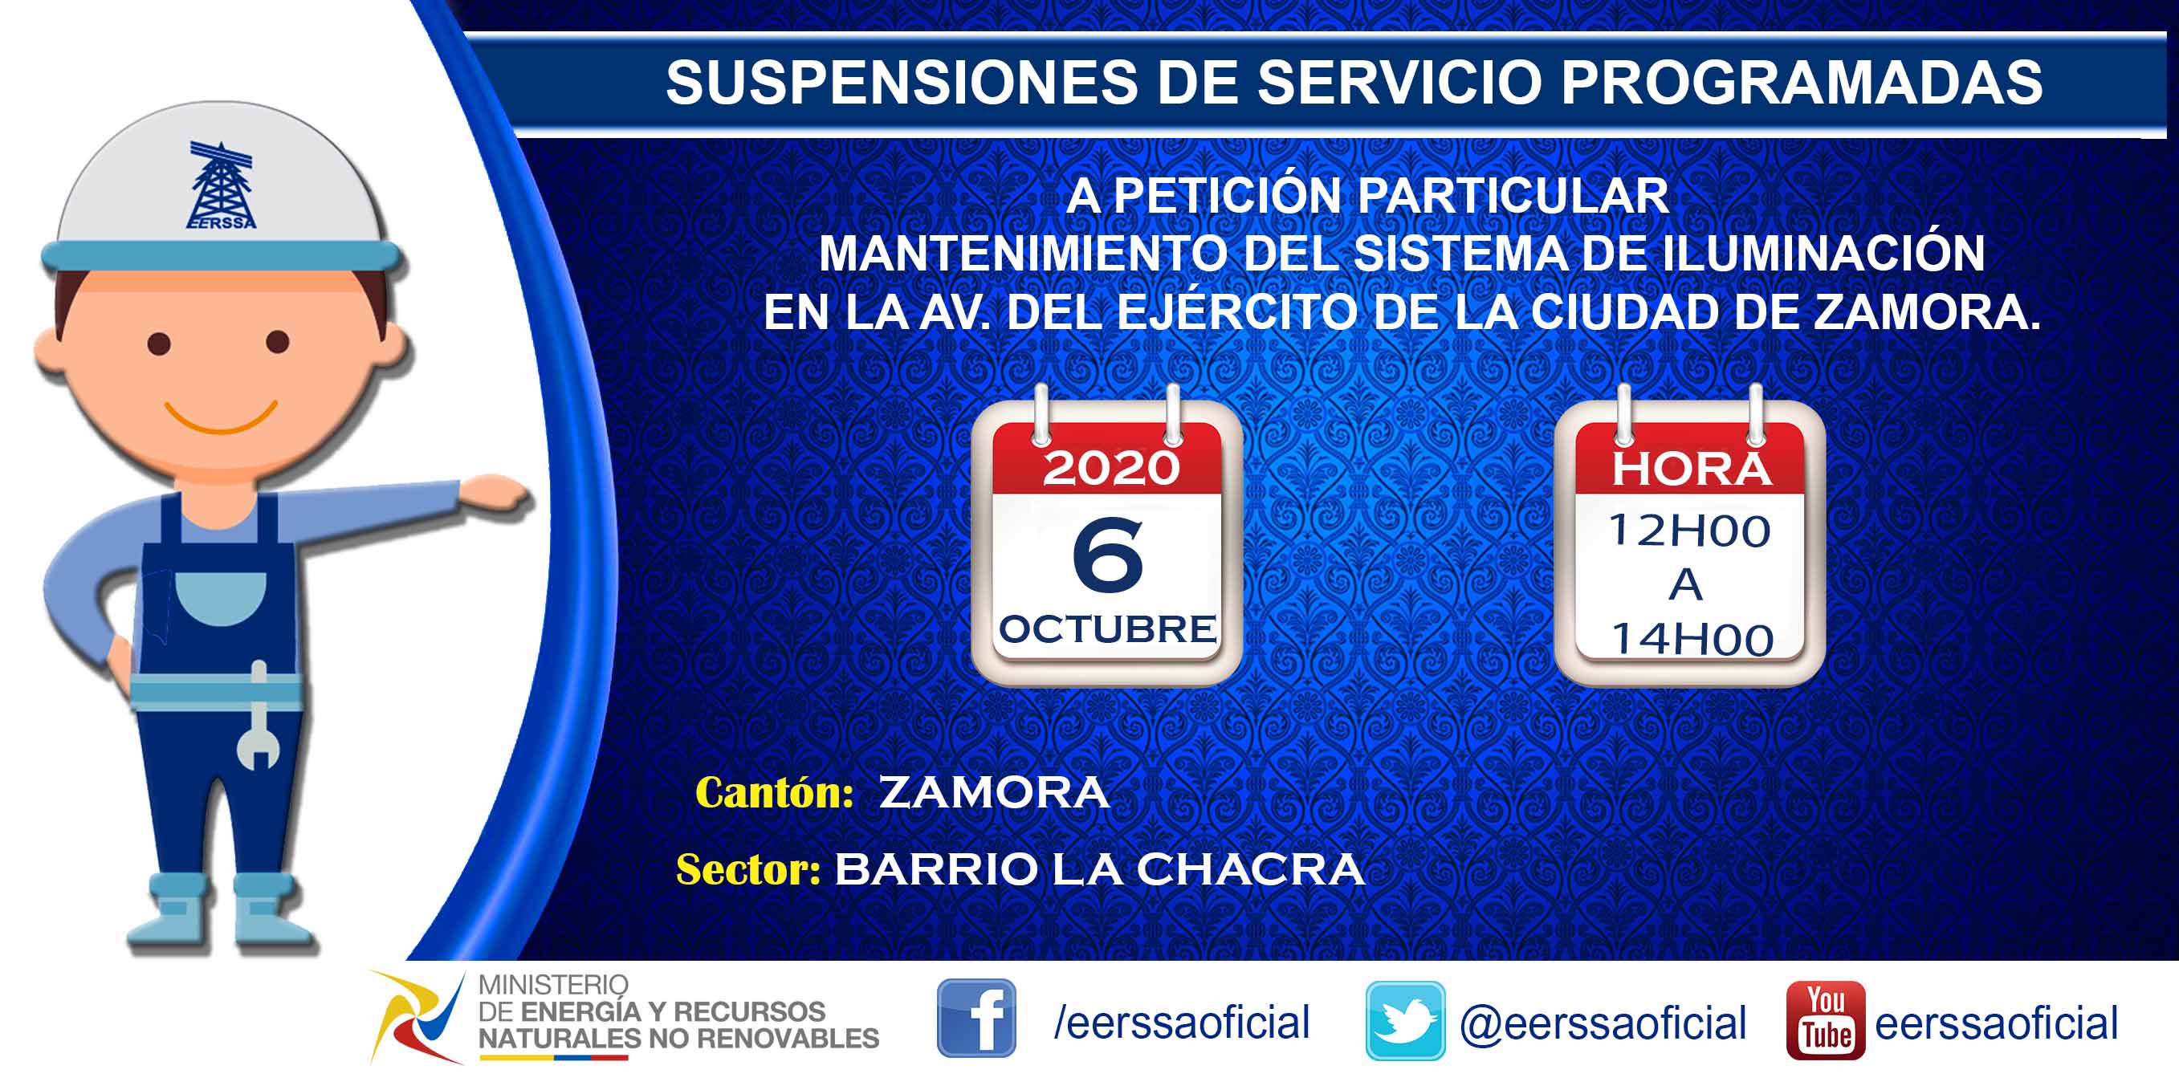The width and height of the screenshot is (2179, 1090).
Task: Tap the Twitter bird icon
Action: pos(1405,1021)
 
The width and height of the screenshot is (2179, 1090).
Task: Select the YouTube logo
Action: pos(1826,1021)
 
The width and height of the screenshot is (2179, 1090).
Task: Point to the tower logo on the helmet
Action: pos(221,186)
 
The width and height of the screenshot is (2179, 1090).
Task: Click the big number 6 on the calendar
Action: pos(1107,555)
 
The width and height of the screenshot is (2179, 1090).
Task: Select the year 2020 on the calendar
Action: pos(1110,468)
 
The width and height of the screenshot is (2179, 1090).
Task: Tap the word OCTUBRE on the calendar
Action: pos(1107,629)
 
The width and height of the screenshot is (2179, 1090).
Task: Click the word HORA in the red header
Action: pos(1691,470)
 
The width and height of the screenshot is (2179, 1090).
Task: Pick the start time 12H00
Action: pos(1689,531)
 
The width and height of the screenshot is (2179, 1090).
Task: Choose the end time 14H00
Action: pos(1692,639)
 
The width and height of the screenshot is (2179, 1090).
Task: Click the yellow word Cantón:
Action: pos(774,793)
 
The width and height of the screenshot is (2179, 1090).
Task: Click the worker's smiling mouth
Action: pos(221,416)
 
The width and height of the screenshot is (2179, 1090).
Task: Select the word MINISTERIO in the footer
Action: pos(553,985)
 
